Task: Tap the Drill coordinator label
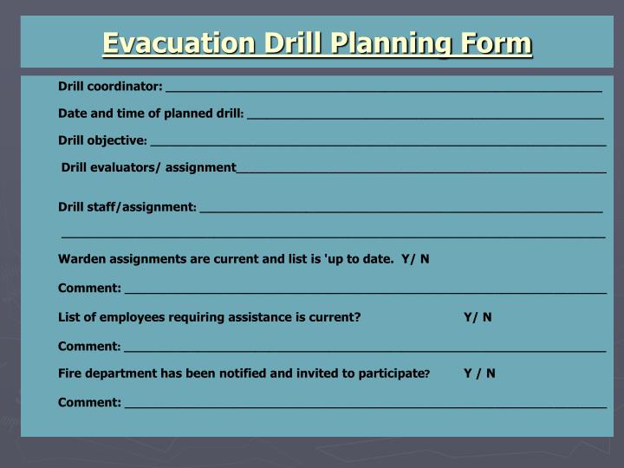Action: pos(110,86)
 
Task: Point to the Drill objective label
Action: pos(102,140)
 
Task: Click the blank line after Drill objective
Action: pos(377,142)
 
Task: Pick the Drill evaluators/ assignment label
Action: pos(149,167)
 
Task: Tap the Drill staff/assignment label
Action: pos(127,207)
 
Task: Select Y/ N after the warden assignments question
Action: pos(415,259)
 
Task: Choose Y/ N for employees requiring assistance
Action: pos(478,317)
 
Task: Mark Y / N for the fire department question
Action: pos(479,374)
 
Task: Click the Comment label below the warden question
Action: pos(89,288)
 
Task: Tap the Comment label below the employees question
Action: pos(89,346)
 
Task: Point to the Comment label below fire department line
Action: pos(89,402)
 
